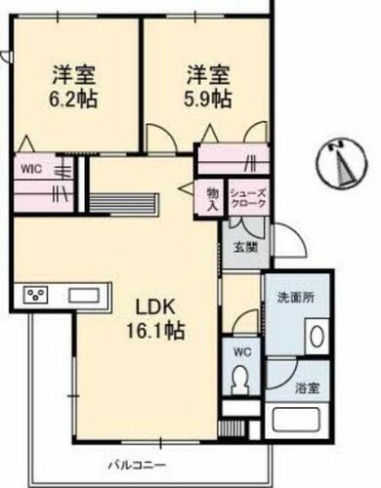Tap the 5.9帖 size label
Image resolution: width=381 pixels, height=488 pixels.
(x=209, y=98)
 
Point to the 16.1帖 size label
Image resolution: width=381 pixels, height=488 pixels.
(x=151, y=330)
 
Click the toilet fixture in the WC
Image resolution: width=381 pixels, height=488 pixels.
(x=236, y=381)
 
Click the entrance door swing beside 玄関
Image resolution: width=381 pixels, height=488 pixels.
(x=285, y=241)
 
